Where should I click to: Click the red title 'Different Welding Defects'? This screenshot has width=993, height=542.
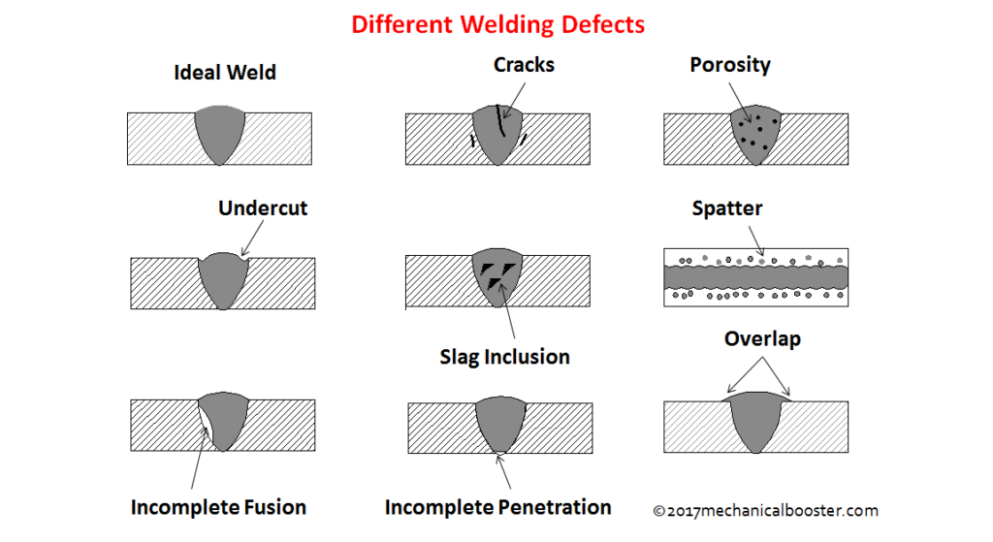pos(496,23)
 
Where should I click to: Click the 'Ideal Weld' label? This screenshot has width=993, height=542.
pos(225,73)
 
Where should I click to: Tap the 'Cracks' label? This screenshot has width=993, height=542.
pos(524,65)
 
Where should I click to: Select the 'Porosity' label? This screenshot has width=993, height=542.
pos(730,65)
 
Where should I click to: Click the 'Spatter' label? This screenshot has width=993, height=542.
pos(727,208)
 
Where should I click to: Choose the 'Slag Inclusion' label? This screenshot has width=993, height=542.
pos(504,357)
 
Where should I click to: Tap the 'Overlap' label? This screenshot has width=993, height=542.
pos(762,339)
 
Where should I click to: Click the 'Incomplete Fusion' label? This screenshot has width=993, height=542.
pos(218,507)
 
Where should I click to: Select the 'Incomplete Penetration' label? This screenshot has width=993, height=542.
pos(498,507)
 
